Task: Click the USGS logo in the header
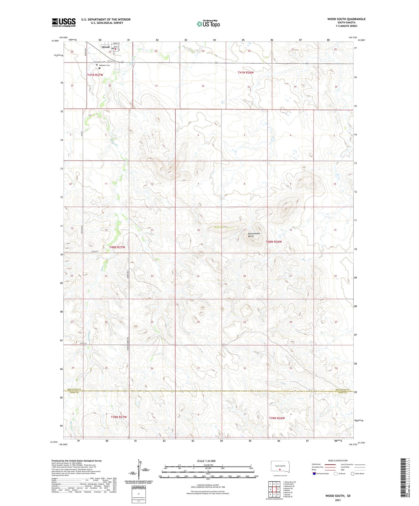click(64, 22)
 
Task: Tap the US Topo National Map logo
click(208, 24)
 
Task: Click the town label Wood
click(106, 47)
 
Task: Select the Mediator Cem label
click(104, 65)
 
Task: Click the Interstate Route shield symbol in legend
click(314, 474)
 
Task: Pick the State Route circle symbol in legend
click(353, 474)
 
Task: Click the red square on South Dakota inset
click(280, 469)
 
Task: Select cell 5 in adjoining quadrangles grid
click(278, 489)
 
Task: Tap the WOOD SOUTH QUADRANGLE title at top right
click(346, 19)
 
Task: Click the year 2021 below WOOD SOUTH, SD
click(338, 500)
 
